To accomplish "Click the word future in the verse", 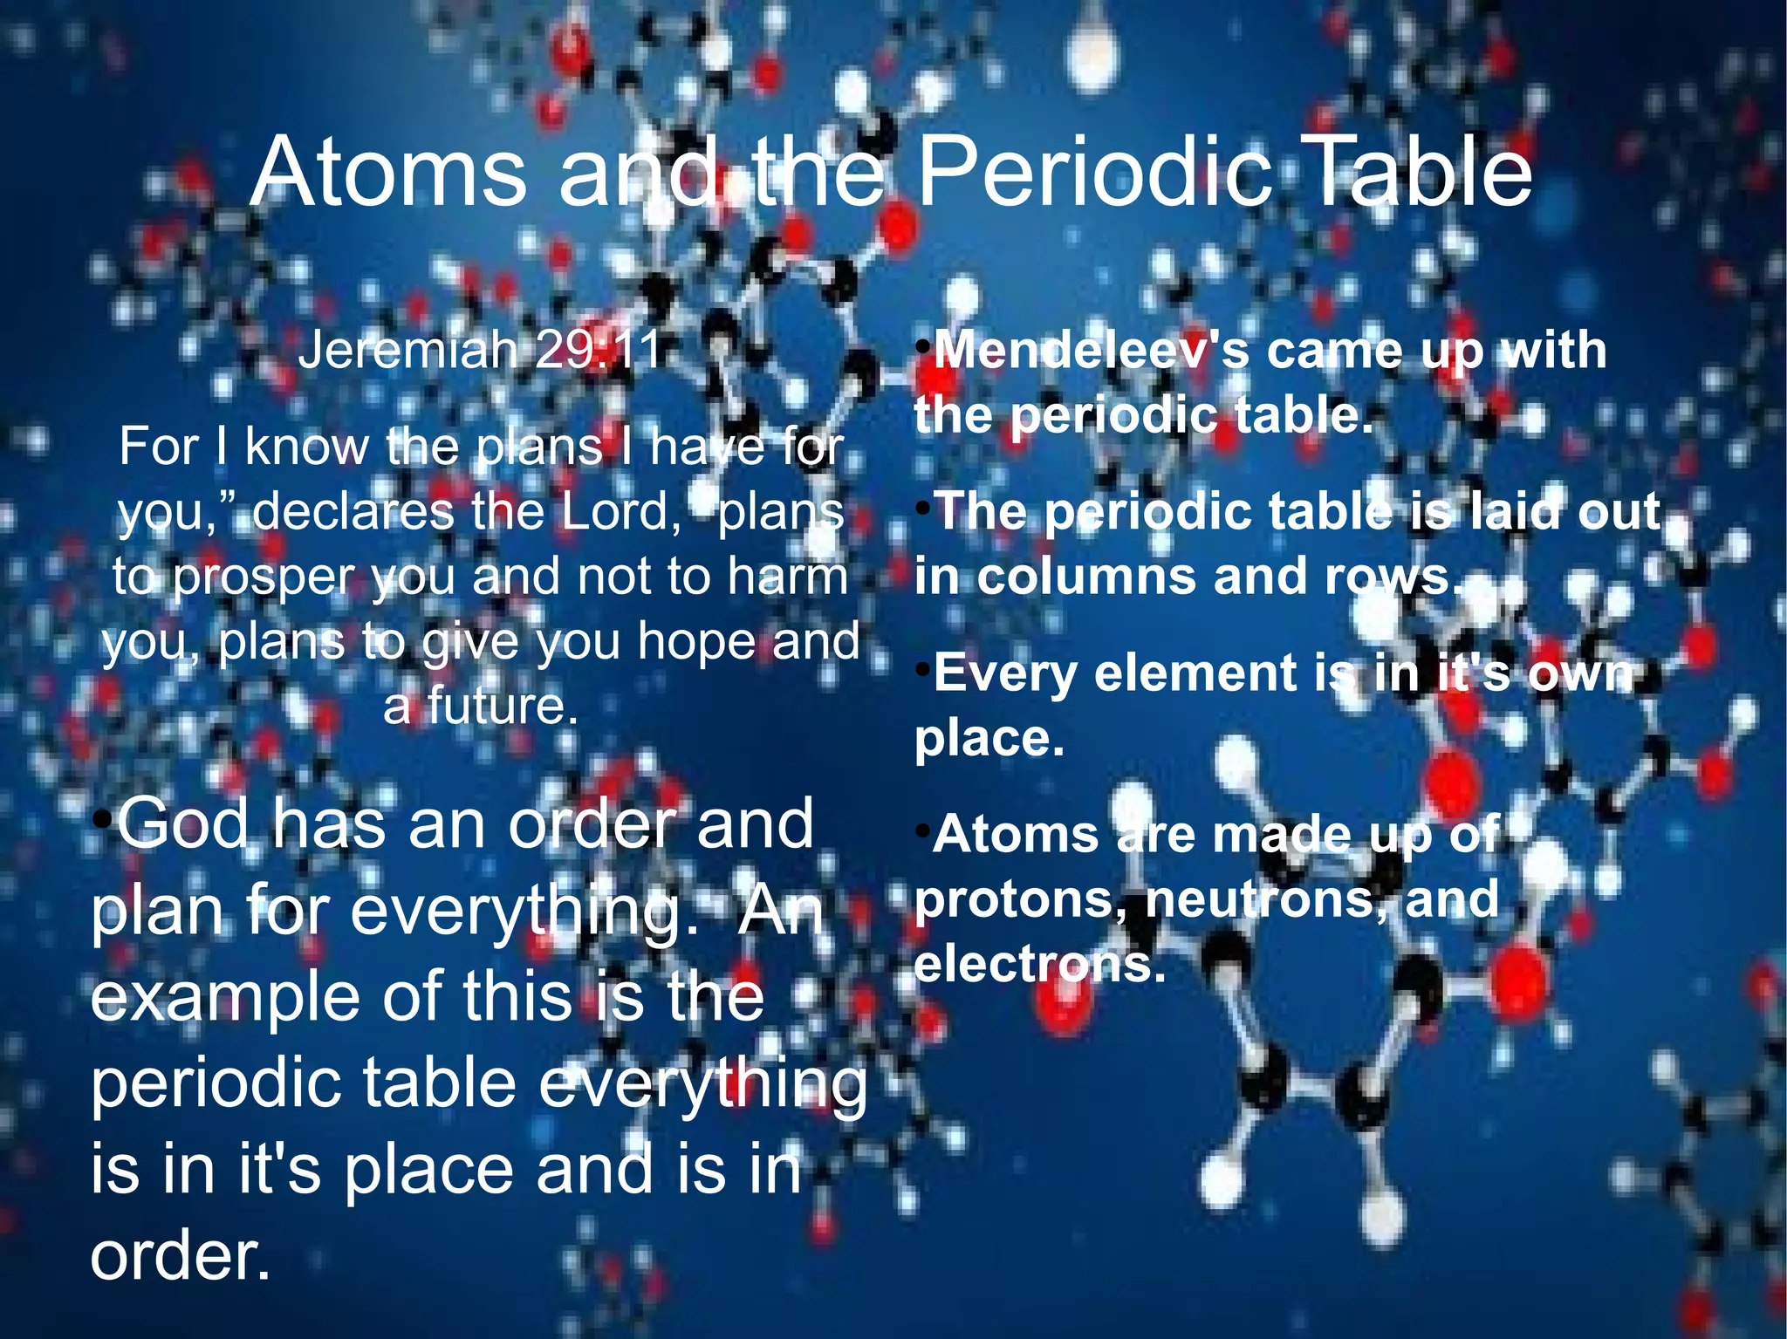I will pyautogui.click(x=503, y=706).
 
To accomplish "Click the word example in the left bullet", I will pyautogui.click(x=225, y=997).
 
